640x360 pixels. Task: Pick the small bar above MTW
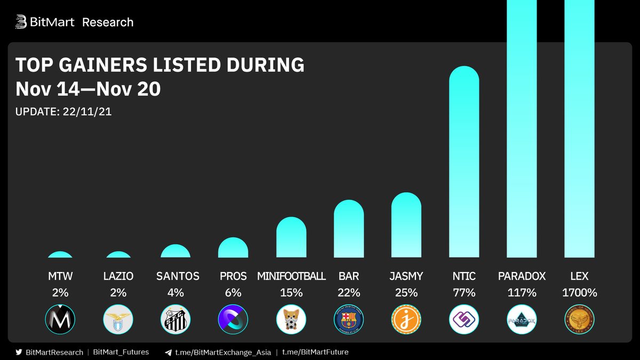(x=60, y=254)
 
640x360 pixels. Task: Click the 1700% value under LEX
(x=579, y=292)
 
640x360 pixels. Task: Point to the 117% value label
(x=522, y=292)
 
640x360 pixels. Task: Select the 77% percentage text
(x=464, y=292)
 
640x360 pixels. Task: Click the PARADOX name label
(x=522, y=276)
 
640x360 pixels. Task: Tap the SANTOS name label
(x=178, y=276)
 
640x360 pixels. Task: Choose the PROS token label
(x=233, y=276)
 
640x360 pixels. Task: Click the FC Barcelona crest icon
(x=349, y=319)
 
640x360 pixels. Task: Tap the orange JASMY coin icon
(x=406, y=319)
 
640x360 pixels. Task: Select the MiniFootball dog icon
(x=291, y=319)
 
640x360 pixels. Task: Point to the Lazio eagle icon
(x=118, y=319)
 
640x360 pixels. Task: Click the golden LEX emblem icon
(x=579, y=319)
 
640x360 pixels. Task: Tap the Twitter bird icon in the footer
(x=19, y=352)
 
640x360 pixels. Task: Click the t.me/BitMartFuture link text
(x=315, y=352)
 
